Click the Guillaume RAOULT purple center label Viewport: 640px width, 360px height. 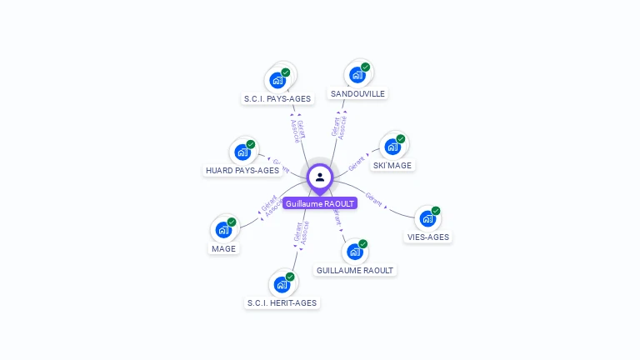320,203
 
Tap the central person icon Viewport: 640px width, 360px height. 320,177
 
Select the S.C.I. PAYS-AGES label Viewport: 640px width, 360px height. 277,98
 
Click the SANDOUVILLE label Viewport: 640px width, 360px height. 357,93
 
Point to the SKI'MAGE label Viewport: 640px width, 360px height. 392,165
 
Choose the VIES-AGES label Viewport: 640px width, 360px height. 427,237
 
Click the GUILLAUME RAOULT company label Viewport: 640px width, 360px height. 355,270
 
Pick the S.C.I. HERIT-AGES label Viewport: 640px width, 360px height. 282,302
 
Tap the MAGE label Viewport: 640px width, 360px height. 223,248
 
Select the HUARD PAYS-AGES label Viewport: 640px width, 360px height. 242,170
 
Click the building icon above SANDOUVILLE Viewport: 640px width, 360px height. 357,75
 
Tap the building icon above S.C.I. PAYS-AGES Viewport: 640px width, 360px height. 277,80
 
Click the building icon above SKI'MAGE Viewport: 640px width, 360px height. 392,147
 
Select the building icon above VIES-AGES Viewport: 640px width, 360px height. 427,218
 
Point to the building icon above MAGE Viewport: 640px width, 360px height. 223,230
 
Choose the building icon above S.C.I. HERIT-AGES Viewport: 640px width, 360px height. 282,284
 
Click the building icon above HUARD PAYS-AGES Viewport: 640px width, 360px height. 242,152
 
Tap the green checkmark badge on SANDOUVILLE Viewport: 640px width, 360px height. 365,67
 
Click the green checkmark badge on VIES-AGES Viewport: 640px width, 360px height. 435,211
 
